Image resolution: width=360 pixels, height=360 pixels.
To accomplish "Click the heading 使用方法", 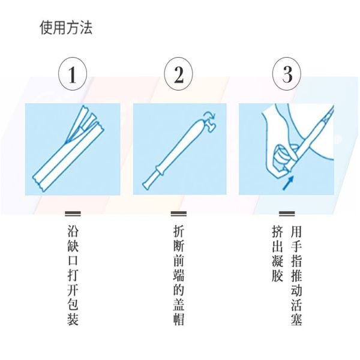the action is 66,28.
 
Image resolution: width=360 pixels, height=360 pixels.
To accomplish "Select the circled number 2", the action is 178,74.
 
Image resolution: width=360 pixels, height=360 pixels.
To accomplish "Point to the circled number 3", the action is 287,74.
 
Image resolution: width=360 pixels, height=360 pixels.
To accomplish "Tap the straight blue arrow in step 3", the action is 288,183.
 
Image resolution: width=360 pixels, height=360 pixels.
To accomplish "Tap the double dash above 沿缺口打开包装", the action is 73,214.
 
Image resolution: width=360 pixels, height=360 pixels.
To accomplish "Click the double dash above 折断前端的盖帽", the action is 179,214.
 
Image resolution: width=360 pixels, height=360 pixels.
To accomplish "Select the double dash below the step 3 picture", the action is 287,214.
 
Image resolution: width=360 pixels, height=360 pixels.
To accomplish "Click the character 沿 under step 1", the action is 73,231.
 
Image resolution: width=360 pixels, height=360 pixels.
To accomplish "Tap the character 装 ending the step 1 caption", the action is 73,320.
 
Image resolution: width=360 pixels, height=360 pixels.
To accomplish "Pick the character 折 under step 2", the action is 179,231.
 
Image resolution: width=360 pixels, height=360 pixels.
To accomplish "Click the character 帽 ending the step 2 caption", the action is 179,320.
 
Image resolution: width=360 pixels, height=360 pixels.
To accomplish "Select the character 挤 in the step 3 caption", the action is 277,231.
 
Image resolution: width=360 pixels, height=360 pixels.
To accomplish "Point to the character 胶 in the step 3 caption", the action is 277,275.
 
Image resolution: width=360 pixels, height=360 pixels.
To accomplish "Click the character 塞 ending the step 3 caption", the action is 296,320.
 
